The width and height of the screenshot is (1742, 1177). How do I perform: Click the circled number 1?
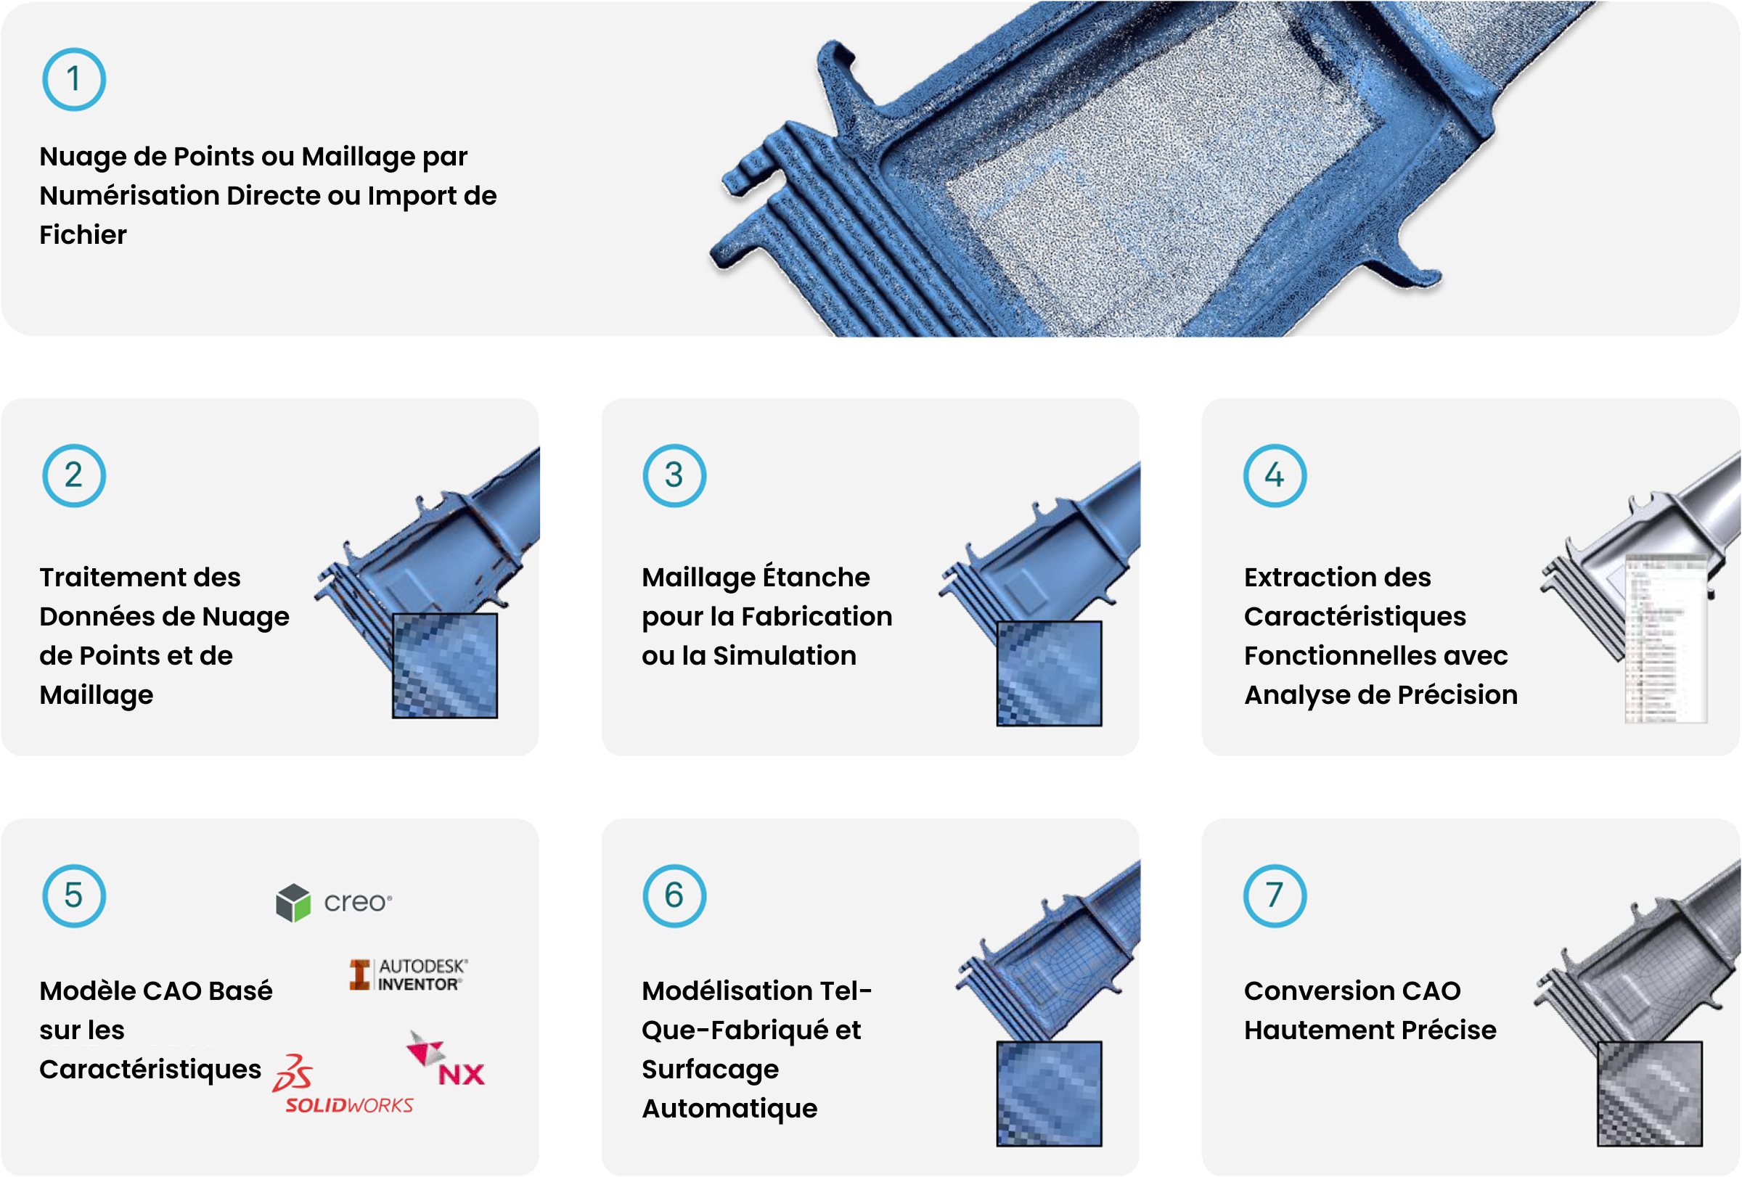(x=73, y=79)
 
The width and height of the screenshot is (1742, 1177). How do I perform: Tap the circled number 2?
(x=73, y=476)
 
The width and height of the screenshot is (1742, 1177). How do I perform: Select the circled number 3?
(x=674, y=476)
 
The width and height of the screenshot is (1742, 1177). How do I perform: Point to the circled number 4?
(x=1275, y=476)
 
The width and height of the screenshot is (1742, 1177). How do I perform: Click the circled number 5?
(x=73, y=896)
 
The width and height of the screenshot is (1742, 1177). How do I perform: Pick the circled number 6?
(x=674, y=896)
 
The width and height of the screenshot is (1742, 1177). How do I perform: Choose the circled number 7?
(x=1275, y=896)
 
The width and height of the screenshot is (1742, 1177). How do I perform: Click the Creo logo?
(x=334, y=902)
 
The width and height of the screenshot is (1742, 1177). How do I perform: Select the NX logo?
(x=446, y=1059)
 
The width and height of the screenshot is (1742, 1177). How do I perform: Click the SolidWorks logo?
(x=343, y=1084)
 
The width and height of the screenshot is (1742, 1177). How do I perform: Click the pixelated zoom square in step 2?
(x=444, y=665)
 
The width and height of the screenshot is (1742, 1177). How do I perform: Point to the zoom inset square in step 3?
(x=1049, y=673)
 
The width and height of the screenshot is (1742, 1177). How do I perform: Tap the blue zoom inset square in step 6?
(x=1049, y=1093)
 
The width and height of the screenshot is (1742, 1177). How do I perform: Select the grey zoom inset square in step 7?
(x=1649, y=1093)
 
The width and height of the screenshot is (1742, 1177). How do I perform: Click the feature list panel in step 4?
(x=1666, y=639)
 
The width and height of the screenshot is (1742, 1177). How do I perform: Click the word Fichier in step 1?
(x=83, y=235)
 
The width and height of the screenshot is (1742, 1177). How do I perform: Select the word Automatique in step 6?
(x=729, y=1108)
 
